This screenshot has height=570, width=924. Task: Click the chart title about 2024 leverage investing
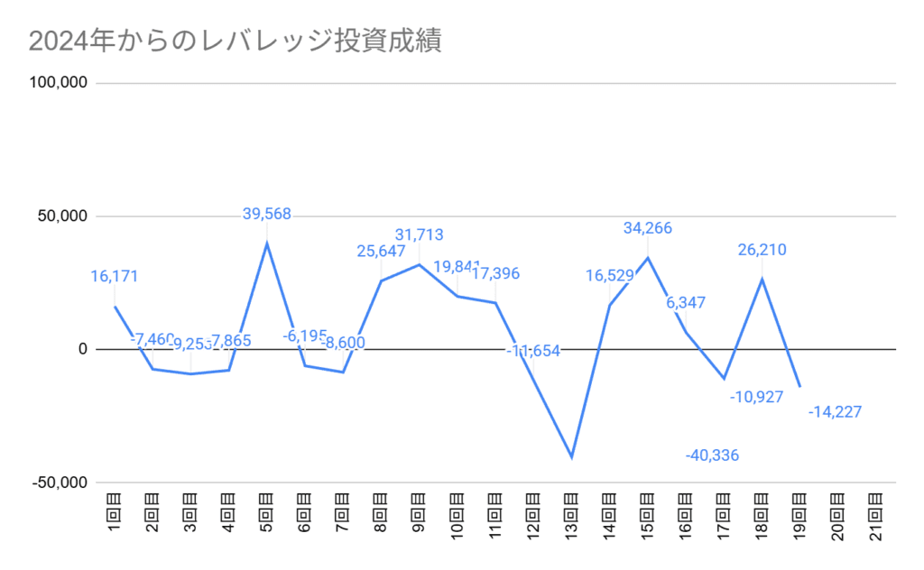point(235,41)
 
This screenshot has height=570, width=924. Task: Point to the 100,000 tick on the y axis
point(59,83)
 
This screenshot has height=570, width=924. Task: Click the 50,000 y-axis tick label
point(62,216)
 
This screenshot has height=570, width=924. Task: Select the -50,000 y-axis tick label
point(60,483)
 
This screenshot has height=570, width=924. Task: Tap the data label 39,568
point(267,214)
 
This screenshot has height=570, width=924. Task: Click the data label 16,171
point(115,276)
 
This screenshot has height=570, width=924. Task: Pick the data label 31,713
point(419,235)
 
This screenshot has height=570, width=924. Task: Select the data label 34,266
point(647,228)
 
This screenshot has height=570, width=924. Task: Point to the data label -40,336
point(712,455)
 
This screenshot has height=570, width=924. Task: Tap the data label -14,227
point(835,412)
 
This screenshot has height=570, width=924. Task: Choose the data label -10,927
point(756,397)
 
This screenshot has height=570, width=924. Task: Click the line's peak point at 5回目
point(267,243)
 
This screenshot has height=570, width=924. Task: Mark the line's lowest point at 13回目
point(571,457)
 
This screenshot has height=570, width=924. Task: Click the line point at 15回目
point(647,258)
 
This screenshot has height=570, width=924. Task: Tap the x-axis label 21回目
point(874,516)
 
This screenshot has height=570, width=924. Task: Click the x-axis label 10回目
point(457,516)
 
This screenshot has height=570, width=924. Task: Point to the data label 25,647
point(380,250)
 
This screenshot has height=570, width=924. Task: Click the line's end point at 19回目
point(799,387)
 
